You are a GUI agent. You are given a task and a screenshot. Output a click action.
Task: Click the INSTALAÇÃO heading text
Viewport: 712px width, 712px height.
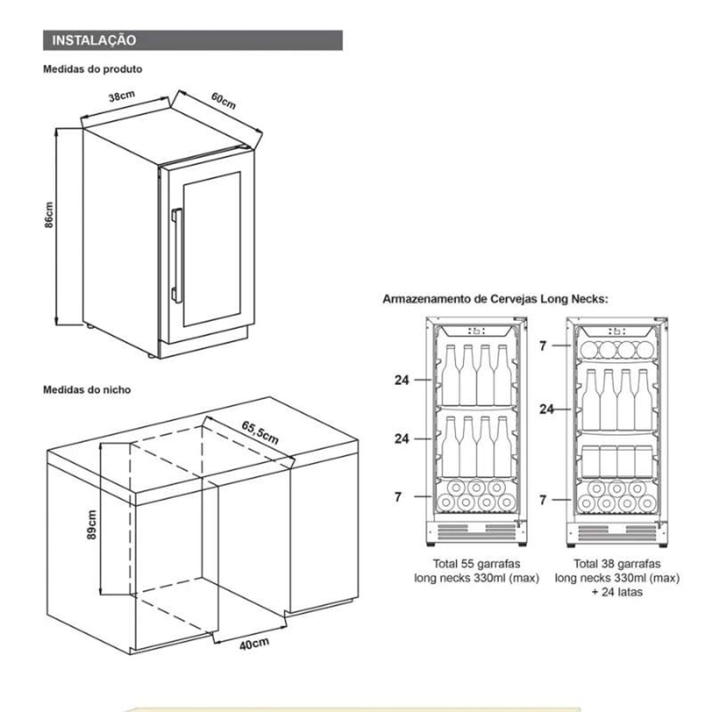click(94, 40)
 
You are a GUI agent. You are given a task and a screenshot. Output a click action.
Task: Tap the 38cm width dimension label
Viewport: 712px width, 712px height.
click(122, 96)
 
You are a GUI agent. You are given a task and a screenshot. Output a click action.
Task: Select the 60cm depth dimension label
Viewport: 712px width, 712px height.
click(223, 101)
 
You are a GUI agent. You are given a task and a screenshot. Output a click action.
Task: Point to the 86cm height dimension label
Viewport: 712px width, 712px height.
click(49, 215)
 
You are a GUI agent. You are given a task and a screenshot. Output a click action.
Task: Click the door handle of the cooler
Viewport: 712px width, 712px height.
click(176, 255)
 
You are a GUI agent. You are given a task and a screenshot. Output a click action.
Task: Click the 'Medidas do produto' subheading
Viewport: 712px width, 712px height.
click(93, 69)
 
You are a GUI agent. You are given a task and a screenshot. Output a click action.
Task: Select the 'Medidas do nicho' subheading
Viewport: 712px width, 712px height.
click(87, 390)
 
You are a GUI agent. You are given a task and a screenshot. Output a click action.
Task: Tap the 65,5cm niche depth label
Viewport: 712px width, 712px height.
click(260, 432)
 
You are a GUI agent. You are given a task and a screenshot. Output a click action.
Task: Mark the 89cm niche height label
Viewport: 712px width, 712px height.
click(92, 524)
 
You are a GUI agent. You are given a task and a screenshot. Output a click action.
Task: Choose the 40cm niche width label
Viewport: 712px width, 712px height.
click(254, 644)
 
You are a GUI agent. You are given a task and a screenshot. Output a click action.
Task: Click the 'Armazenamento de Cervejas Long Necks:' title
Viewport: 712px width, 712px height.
click(495, 299)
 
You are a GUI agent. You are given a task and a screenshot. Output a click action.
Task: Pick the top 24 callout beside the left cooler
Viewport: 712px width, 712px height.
click(402, 380)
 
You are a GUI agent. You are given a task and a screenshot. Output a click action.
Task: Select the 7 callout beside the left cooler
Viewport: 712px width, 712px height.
click(398, 497)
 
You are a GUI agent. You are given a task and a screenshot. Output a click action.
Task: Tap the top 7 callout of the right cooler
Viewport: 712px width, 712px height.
click(542, 346)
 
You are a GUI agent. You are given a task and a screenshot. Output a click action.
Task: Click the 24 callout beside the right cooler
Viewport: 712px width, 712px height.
click(546, 409)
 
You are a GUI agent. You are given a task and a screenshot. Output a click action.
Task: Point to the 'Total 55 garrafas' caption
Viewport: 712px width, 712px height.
click(476, 564)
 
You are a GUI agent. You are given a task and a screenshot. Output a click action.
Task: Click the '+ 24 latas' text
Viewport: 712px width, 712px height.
click(617, 592)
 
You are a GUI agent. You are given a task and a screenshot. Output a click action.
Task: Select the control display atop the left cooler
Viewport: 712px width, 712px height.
click(476, 331)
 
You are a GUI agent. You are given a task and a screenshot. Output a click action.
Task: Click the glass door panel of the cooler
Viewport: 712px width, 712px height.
click(212, 249)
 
